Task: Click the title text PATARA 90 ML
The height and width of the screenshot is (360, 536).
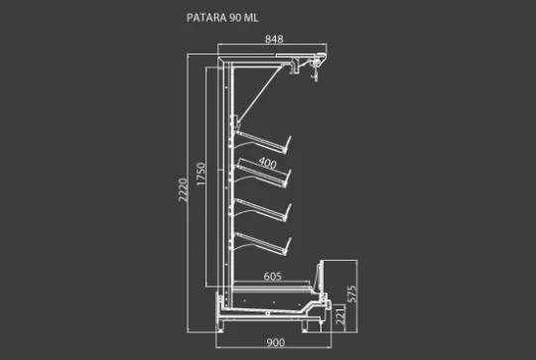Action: click(222, 18)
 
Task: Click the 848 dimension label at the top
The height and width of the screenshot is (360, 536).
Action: click(274, 39)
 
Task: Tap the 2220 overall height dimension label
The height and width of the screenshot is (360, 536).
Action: click(184, 189)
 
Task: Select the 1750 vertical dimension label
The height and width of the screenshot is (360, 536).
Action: click(201, 175)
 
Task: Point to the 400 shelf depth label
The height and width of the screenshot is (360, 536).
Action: click(267, 164)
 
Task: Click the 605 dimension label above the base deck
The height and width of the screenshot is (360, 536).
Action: click(273, 276)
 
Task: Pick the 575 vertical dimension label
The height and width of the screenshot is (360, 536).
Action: click(351, 295)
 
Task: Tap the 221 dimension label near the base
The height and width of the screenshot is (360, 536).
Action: click(340, 315)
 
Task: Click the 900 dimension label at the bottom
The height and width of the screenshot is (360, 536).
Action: click(276, 342)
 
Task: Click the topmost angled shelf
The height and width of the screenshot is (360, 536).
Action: click(261, 142)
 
